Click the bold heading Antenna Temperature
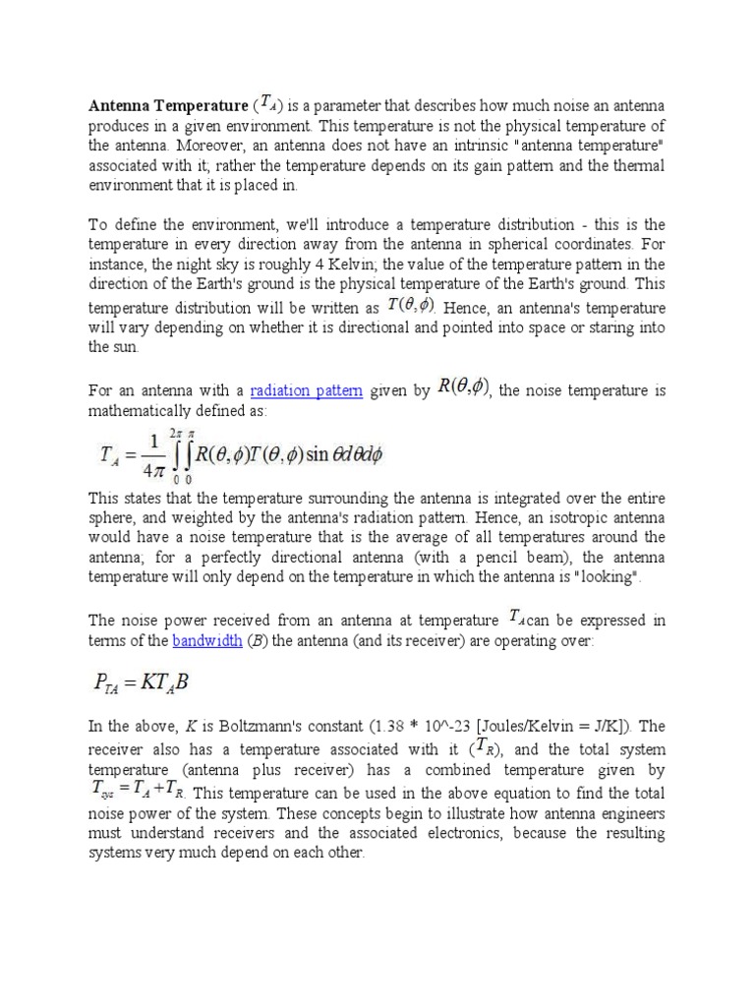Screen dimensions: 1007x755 [x=168, y=105]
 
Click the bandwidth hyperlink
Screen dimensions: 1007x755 [x=206, y=641]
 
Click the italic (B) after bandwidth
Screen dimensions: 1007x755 [x=252, y=641]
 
